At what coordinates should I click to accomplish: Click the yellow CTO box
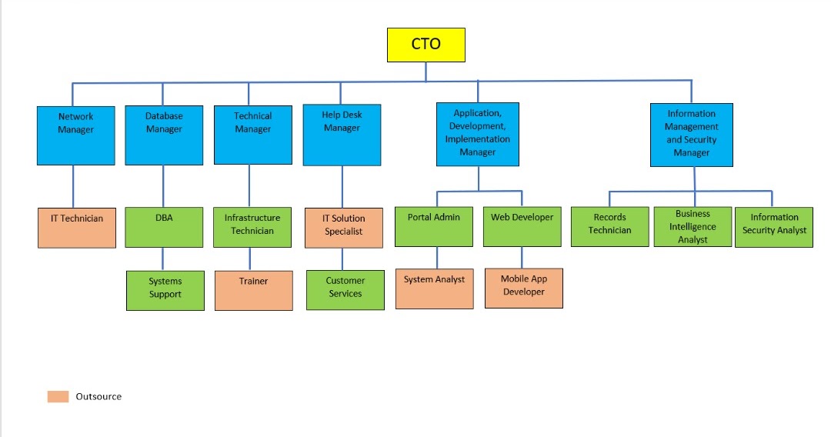pos(426,45)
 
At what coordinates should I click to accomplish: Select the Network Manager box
pos(75,135)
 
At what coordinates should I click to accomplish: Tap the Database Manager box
pos(164,135)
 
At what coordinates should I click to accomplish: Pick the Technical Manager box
pos(252,135)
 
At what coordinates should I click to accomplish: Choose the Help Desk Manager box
pos(342,136)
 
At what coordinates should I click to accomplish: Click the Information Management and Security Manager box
pos(691,135)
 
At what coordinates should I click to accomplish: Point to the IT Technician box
pos(76,227)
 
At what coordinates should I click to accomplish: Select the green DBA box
pos(164,227)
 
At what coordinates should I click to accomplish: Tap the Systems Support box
pos(165,290)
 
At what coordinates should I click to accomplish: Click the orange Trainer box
pos(253,290)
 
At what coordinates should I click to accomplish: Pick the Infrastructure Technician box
pos(252,227)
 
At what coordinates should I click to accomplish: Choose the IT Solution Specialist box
pos(343,228)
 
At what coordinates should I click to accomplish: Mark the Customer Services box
pos(345,290)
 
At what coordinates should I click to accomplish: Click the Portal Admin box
pos(433,226)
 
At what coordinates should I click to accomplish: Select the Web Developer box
pos(522,226)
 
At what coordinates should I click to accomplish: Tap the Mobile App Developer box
pos(523,288)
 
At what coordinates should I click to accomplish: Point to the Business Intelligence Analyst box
pos(692,226)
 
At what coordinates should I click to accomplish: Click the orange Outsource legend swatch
pos(58,396)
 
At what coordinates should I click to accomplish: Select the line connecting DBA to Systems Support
pos(163,259)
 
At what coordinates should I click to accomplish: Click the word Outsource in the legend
pos(98,396)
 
